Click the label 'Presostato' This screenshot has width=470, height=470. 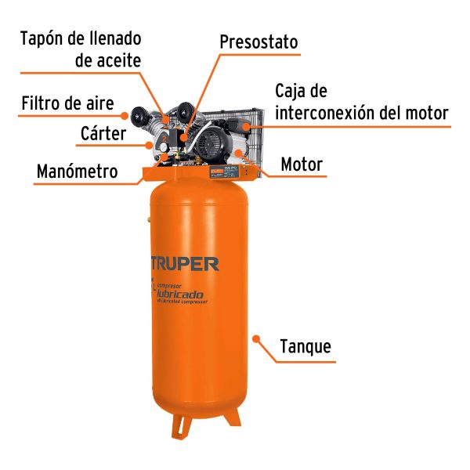(x=258, y=42)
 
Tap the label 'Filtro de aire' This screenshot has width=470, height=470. (x=68, y=103)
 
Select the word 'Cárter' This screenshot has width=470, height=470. (x=103, y=133)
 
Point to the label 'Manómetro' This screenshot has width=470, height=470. (x=76, y=171)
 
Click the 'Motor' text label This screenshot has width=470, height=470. (x=302, y=165)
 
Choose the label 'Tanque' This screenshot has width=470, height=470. (x=305, y=346)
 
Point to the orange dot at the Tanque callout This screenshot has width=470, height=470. (x=254, y=338)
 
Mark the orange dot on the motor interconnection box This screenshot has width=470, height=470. (x=246, y=124)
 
